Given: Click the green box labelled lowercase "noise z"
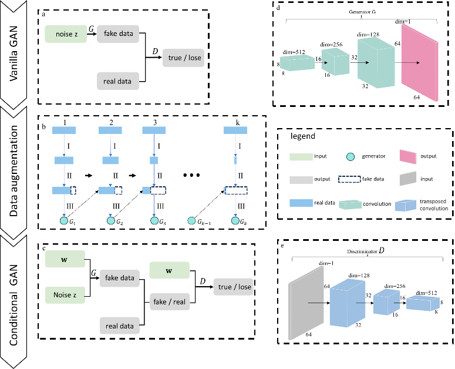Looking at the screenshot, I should click(x=66, y=34).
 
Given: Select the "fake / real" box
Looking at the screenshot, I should click(x=169, y=302).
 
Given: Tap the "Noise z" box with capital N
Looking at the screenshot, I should click(x=65, y=295).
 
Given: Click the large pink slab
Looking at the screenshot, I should click(x=419, y=62).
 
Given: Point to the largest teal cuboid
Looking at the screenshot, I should click(x=376, y=62).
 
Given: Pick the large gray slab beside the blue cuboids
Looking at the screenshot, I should click(x=305, y=303).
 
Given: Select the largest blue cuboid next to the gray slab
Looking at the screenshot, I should click(x=347, y=303).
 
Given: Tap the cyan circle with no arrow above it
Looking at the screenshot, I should click(x=191, y=221).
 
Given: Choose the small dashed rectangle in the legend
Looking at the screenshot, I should click(x=349, y=179).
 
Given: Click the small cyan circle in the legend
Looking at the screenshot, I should click(x=350, y=157).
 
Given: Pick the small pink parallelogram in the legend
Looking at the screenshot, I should click(x=408, y=157).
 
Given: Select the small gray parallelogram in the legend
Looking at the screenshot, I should click(x=408, y=179).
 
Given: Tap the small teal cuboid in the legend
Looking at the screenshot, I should click(x=350, y=204).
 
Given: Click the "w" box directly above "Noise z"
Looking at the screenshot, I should click(x=65, y=259).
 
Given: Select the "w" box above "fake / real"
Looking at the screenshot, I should click(x=169, y=270).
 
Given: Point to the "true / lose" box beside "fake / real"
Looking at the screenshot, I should click(x=234, y=287).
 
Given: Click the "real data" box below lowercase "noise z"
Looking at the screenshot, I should click(x=117, y=81).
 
